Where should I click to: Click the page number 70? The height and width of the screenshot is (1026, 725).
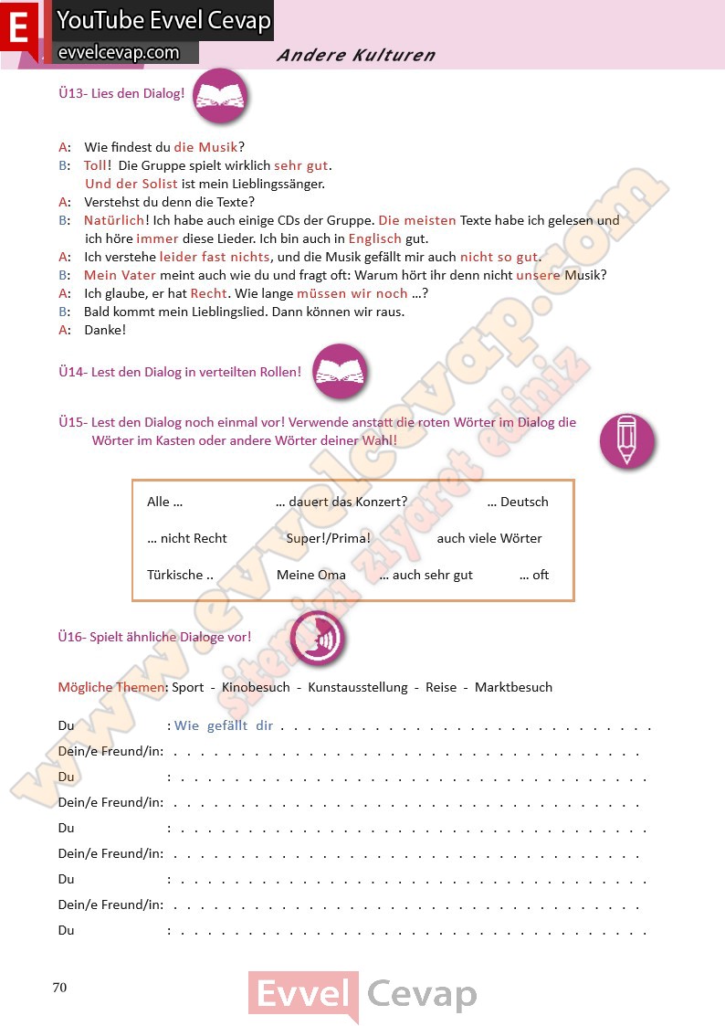pyautogui.click(x=60, y=987)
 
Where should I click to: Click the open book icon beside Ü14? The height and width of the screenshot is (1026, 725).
pyautogui.click(x=341, y=372)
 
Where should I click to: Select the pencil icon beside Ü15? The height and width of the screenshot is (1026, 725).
pyautogui.click(x=626, y=440)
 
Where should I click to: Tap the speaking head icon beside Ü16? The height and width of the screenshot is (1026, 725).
pyautogui.click(x=317, y=638)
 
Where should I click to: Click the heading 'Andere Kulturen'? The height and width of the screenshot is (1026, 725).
pyautogui.click(x=355, y=56)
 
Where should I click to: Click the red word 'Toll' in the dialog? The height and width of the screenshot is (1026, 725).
pyautogui.click(x=95, y=165)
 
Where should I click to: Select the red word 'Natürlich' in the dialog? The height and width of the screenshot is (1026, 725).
pyautogui.click(x=114, y=220)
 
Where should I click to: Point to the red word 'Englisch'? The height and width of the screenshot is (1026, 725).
pyautogui.click(x=374, y=238)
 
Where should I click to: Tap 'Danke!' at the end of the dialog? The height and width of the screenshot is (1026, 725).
pyautogui.click(x=105, y=330)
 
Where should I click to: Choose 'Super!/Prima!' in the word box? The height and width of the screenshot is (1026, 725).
pyautogui.click(x=329, y=538)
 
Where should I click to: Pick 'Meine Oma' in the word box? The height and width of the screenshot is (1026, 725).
pyautogui.click(x=311, y=575)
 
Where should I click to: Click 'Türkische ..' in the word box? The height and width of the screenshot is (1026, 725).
pyautogui.click(x=180, y=575)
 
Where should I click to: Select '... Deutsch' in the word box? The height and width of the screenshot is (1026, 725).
pyautogui.click(x=518, y=502)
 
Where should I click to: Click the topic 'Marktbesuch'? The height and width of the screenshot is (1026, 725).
pyautogui.click(x=513, y=687)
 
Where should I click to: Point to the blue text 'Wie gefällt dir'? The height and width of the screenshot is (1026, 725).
pyautogui.click(x=224, y=726)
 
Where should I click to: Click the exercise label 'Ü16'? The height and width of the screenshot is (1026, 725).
pyautogui.click(x=71, y=637)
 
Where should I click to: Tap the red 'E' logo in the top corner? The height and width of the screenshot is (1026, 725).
pyautogui.click(x=19, y=28)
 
